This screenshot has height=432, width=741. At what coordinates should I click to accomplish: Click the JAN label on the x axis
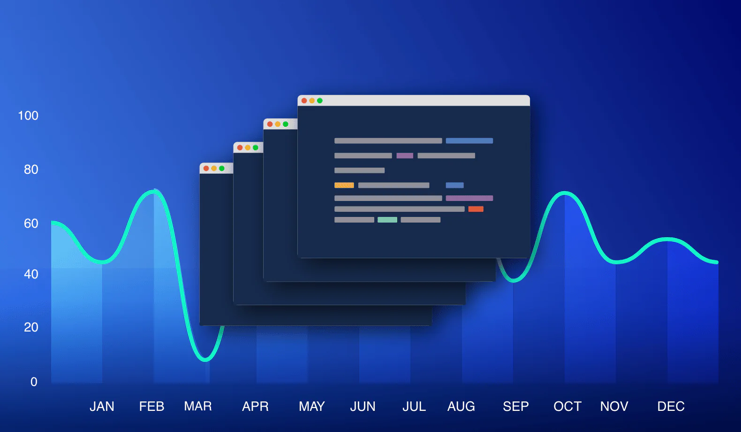click(x=102, y=406)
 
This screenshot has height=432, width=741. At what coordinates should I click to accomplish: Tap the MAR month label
click(x=198, y=406)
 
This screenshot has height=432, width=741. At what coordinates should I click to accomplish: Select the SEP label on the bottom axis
click(x=516, y=406)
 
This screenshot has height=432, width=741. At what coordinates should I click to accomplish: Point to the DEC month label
click(x=671, y=406)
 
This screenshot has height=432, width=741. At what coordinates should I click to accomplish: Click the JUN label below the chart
click(x=363, y=406)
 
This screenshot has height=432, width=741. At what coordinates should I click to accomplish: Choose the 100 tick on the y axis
click(x=28, y=116)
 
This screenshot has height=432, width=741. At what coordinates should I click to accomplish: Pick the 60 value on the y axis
click(x=31, y=224)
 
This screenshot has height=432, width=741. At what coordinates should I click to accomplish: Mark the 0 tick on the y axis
click(x=34, y=382)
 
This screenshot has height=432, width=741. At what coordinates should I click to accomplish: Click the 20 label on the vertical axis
click(x=31, y=327)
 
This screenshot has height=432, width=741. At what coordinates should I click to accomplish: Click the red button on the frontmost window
click(x=304, y=100)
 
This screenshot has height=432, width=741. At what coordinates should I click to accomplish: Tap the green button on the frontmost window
click(x=320, y=100)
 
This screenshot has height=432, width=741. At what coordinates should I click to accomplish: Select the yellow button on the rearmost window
click(x=214, y=168)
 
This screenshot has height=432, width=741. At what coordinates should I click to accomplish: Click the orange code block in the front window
click(x=344, y=185)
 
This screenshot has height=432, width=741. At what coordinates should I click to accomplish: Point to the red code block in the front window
click(x=476, y=209)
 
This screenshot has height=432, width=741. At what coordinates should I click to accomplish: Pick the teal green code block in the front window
click(x=387, y=220)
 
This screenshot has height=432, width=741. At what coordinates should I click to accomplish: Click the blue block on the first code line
click(x=469, y=140)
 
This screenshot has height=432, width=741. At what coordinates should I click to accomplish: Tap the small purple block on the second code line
click(x=405, y=155)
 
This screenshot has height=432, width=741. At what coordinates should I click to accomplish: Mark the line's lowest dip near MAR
click(x=205, y=360)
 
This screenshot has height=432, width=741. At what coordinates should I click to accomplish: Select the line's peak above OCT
click(x=565, y=193)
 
